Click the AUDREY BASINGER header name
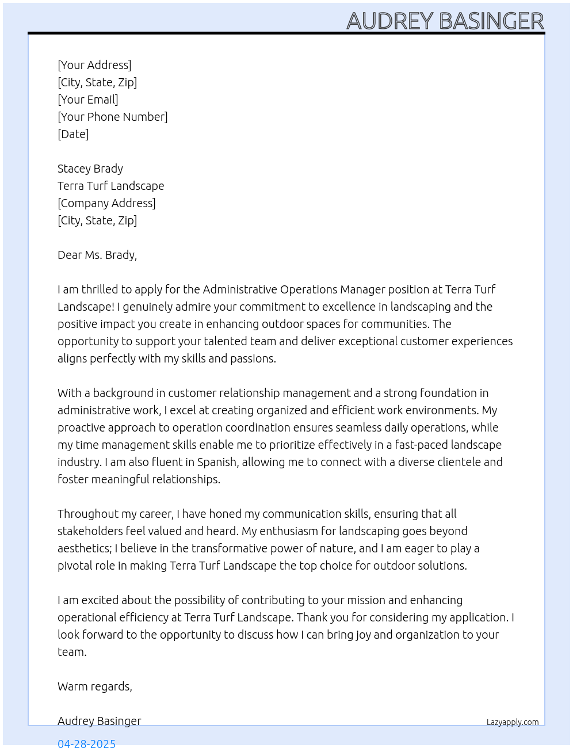[x=445, y=21]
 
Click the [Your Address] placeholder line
[x=94, y=65]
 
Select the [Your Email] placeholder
[x=88, y=100]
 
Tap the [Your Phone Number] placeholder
[x=113, y=117]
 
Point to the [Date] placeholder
[x=73, y=134]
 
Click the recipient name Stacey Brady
[x=90, y=169]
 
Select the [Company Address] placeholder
[x=106, y=203]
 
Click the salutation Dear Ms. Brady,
[x=97, y=255]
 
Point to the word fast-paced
[x=421, y=445]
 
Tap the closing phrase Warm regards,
[x=95, y=686]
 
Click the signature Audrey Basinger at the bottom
[x=100, y=721]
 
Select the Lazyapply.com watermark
[x=513, y=722]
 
